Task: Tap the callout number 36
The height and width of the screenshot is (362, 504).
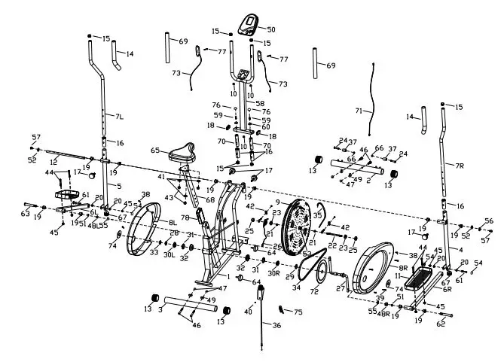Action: tap(276, 325)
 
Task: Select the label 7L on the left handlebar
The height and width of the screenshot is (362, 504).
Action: tap(119, 116)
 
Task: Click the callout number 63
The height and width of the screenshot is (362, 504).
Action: tap(25, 214)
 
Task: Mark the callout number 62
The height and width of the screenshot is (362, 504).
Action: tap(441, 324)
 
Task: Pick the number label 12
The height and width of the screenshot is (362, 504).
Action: tap(53, 162)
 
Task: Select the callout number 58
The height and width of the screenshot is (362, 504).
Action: tap(260, 102)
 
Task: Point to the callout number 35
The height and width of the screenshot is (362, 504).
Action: tap(317, 214)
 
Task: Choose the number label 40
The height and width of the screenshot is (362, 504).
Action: tap(249, 312)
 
